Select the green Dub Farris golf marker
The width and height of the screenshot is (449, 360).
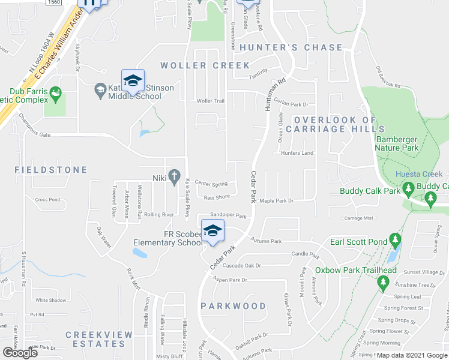tap(56, 92)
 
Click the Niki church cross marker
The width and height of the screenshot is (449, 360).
tap(175, 177)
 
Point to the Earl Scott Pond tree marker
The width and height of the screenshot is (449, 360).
tap(395, 241)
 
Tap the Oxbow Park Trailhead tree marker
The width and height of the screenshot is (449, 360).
tap(383, 283)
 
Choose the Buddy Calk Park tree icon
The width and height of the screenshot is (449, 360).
tap(408, 191)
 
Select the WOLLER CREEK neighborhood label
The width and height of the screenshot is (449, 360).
tap(205, 65)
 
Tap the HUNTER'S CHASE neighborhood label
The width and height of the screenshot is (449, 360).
tap(291, 47)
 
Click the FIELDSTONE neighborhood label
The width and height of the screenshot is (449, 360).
tap(51, 170)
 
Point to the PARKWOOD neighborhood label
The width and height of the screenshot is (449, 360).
tap(233, 306)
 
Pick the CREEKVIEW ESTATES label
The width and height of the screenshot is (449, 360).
tap(95, 339)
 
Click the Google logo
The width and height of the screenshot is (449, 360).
tap(19, 353)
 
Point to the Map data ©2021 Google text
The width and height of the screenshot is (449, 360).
tap(411, 355)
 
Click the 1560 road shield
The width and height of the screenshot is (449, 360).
tap(53, 3)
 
